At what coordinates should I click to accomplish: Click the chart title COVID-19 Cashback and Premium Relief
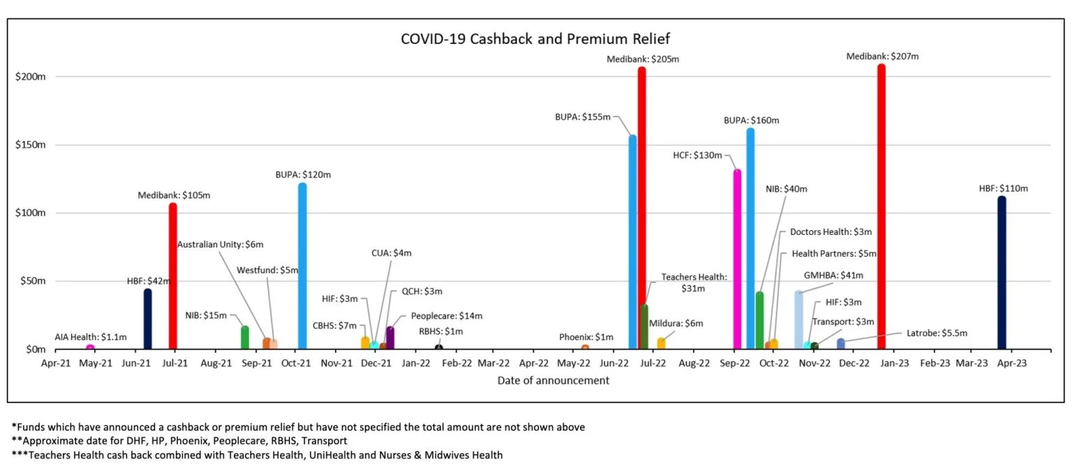click(535, 38)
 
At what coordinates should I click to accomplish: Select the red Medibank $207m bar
click(881, 209)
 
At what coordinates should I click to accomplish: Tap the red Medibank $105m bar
click(172, 279)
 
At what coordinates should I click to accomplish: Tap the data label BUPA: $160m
click(751, 120)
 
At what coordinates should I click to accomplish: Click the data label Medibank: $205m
click(643, 59)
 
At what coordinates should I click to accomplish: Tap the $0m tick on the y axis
click(30, 349)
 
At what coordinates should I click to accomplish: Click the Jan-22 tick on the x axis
click(415, 363)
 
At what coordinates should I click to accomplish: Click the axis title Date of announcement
click(553, 381)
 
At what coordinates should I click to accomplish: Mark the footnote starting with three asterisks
click(257, 455)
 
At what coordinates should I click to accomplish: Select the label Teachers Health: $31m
click(694, 282)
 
